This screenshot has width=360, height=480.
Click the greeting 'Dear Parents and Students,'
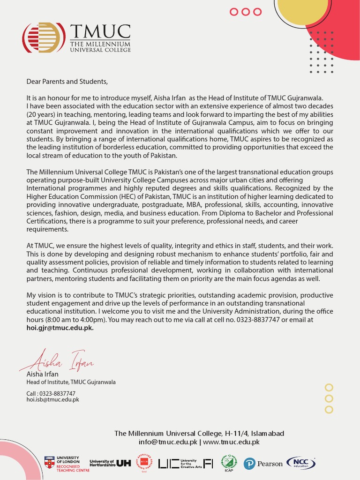point(67,82)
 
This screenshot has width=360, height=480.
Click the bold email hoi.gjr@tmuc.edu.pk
point(60,328)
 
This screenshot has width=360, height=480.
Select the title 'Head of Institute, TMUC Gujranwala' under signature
point(71,382)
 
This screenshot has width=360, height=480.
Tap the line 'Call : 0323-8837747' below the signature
point(51,393)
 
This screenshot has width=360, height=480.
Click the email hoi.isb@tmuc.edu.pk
point(52,400)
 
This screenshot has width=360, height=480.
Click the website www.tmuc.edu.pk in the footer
point(231,442)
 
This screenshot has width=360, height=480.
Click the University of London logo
point(62,463)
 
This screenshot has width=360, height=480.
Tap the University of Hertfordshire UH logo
point(110,463)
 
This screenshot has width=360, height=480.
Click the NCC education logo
point(300,463)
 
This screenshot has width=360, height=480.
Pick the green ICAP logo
point(229,463)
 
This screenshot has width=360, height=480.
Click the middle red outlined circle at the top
point(246,12)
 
